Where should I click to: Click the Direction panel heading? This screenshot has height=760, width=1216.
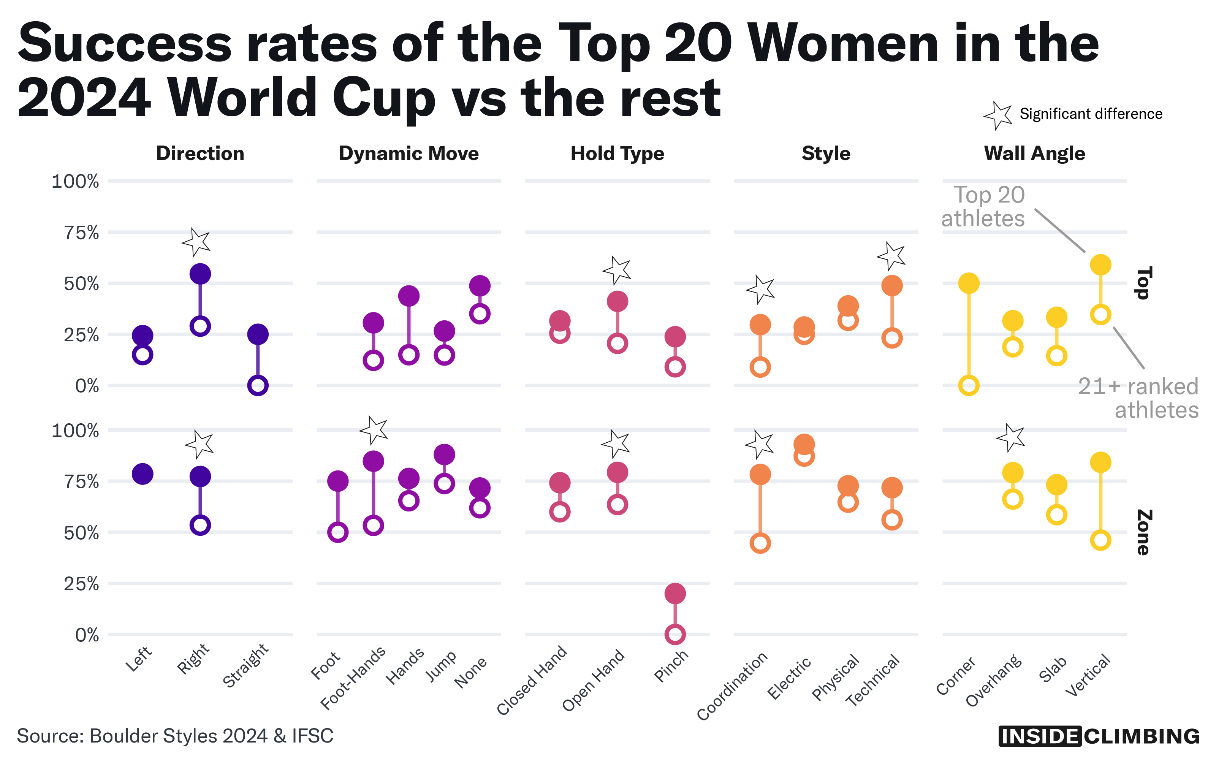click(200, 153)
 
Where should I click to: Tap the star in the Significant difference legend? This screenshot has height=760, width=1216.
click(998, 115)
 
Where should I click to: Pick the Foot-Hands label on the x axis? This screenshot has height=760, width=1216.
click(353, 678)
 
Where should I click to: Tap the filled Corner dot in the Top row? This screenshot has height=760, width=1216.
click(969, 283)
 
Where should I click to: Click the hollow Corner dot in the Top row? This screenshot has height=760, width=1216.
click(969, 386)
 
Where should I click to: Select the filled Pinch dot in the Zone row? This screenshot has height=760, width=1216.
click(675, 593)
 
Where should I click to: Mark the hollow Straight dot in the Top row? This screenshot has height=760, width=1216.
click(258, 386)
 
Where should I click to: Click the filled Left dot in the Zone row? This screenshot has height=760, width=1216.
click(143, 473)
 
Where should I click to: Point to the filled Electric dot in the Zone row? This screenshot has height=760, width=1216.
click(804, 444)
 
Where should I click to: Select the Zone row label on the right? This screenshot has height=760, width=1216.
click(1143, 532)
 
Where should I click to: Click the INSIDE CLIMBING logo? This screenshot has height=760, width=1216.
click(1099, 736)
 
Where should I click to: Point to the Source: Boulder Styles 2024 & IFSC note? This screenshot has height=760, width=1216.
click(175, 736)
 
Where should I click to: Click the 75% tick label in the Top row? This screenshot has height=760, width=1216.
click(81, 233)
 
